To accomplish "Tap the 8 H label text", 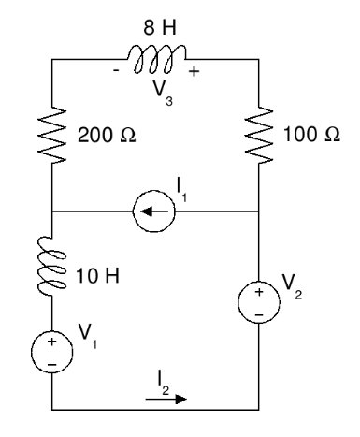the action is (x=160, y=27).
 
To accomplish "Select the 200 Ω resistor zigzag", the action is (x=51, y=135).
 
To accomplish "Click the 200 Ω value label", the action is (x=107, y=135).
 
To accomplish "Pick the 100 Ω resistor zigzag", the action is (x=259, y=135).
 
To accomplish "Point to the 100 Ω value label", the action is (x=311, y=134).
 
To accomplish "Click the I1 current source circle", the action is (x=154, y=211).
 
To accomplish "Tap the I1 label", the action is (x=181, y=190).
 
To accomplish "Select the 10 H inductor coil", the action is (x=50, y=265).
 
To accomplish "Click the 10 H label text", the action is (x=97, y=276).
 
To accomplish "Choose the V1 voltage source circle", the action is (x=51, y=352).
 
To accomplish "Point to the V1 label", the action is (x=87, y=335).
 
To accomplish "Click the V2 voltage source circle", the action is (x=259, y=302).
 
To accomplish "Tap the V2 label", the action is (x=293, y=286).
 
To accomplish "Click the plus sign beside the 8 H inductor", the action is (x=194, y=71).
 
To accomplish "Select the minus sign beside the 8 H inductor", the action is (x=116, y=71).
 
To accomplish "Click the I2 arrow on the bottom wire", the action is (x=166, y=399).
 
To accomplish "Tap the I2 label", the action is (x=163, y=383).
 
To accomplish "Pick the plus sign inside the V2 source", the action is (x=259, y=292).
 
